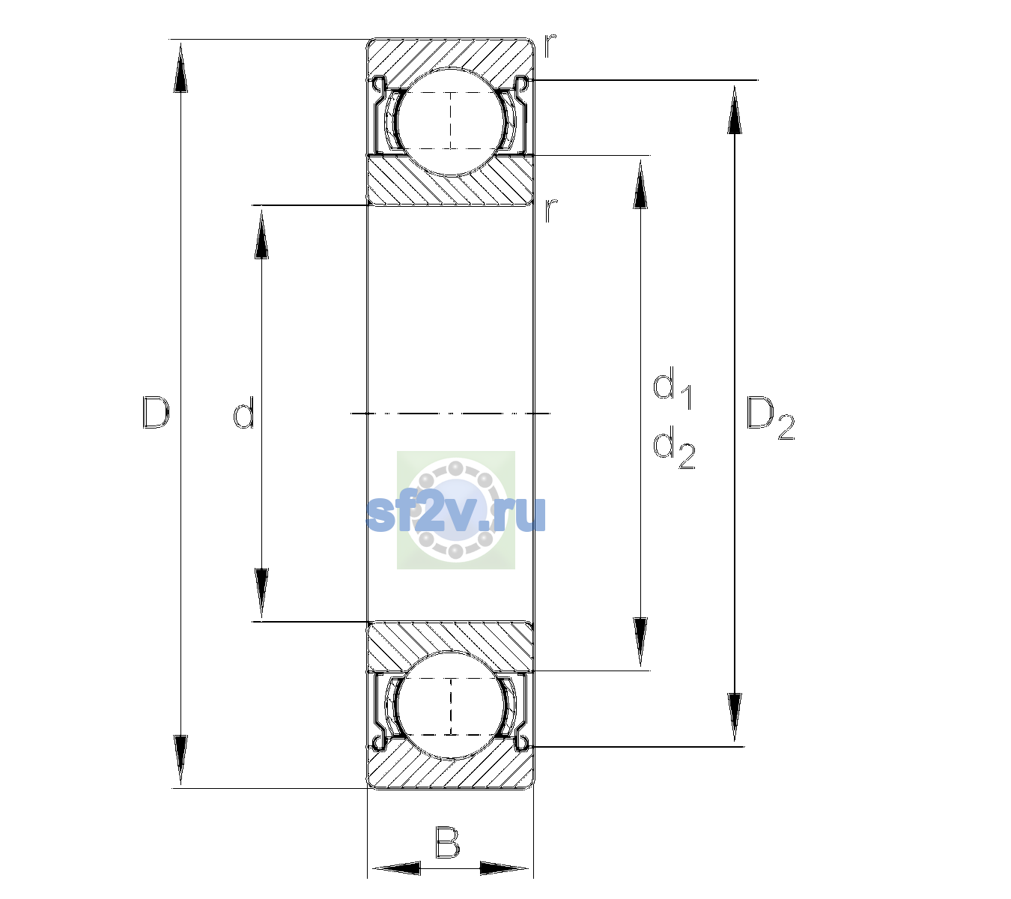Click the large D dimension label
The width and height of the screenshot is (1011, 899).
(x=156, y=412)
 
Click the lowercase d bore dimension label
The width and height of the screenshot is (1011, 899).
(x=243, y=412)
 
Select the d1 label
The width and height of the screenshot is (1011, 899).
(x=673, y=387)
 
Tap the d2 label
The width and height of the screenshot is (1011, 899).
(x=674, y=447)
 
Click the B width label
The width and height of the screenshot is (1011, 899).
(x=447, y=843)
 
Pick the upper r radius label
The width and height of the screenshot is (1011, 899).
(x=550, y=46)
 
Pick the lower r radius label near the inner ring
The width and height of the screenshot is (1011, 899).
(x=550, y=211)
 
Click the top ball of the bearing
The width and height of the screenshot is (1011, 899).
(x=451, y=122)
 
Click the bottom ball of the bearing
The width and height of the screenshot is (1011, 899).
(x=451, y=705)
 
